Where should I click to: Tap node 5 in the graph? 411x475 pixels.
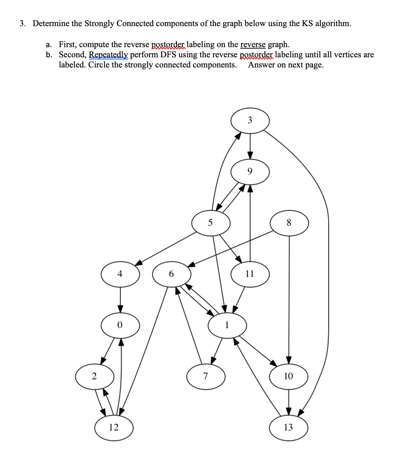click(x=211, y=223)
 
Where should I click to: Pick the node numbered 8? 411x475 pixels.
click(x=289, y=223)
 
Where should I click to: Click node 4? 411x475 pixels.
click(x=120, y=274)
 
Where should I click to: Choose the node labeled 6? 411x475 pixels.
click(x=172, y=274)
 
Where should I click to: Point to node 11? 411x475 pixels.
click(x=250, y=274)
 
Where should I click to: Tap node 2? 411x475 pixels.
click(x=94, y=376)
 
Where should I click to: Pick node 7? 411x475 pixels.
click(x=206, y=376)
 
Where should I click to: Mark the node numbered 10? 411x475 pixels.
click(x=289, y=376)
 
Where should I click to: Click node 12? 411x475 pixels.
click(x=114, y=428)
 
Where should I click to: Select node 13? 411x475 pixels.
click(x=289, y=428)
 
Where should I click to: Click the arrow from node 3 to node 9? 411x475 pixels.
click(x=250, y=146)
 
